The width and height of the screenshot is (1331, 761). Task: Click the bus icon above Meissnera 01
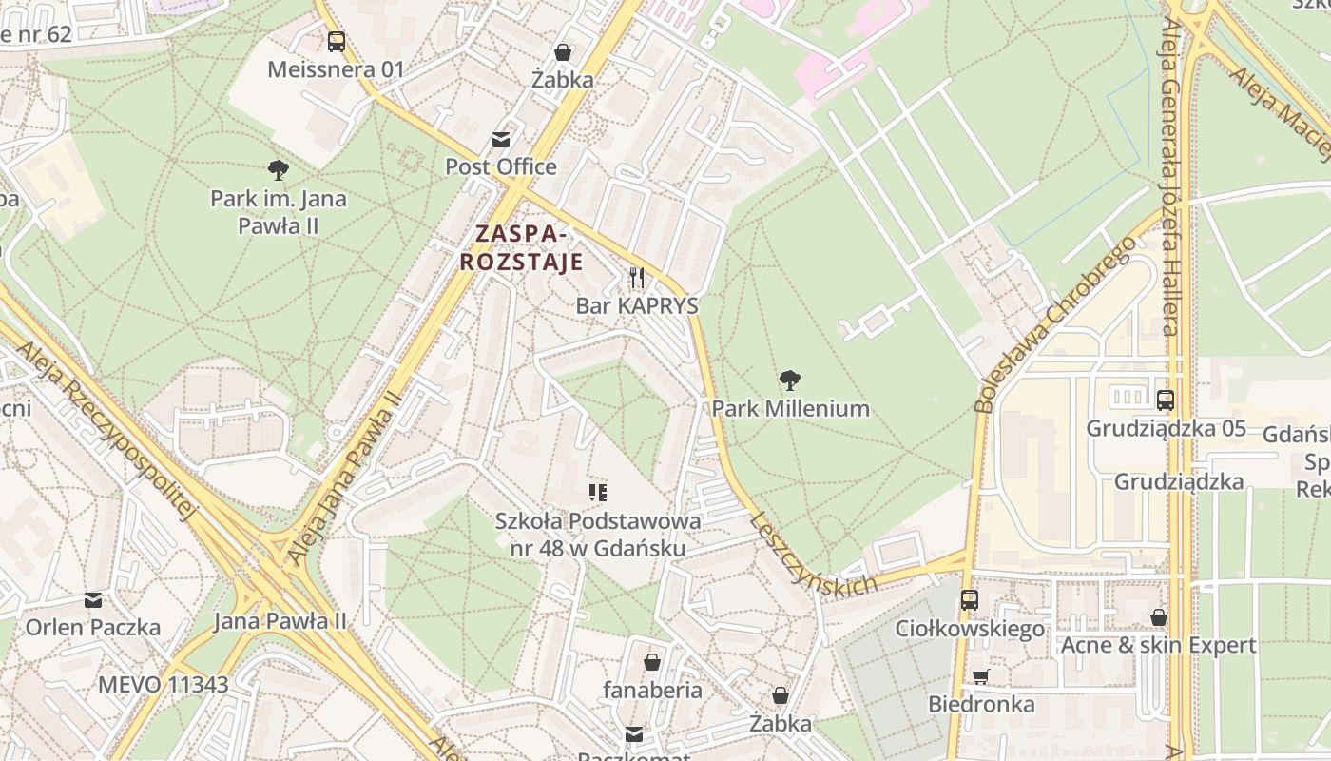[x=336, y=41]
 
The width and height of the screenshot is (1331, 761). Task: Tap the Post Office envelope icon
[x=501, y=140]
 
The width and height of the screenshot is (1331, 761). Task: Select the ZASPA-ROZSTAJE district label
[x=521, y=247]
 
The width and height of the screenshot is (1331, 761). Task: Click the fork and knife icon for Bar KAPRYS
[x=637, y=278]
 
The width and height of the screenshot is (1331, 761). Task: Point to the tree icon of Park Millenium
[x=789, y=381]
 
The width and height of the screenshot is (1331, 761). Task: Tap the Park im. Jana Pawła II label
[x=278, y=212]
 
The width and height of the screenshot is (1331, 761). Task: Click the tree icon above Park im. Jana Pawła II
[x=278, y=170]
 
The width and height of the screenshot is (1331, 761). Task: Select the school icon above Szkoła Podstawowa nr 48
[x=598, y=492]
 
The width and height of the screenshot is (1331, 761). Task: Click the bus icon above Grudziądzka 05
[x=1166, y=400]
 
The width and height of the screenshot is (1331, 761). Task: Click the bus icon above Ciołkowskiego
[x=969, y=600]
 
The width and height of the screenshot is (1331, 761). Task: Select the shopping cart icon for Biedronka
[x=981, y=676]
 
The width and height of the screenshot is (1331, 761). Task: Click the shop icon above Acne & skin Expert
[x=1158, y=617]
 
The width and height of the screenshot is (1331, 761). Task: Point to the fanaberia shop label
[x=652, y=690]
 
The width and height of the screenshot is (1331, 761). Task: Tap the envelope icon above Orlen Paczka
[x=92, y=600]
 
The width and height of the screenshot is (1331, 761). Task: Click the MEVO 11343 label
[x=163, y=684]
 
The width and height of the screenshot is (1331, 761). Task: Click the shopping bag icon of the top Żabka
[x=563, y=52]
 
